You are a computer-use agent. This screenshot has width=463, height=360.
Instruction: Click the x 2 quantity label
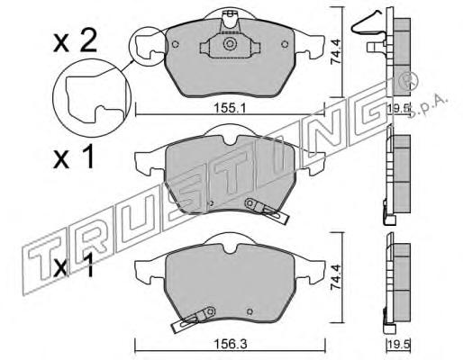coord(75,42)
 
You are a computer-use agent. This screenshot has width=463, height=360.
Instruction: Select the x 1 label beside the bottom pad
coord(74,264)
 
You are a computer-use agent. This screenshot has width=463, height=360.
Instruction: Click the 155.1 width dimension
coord(230,108)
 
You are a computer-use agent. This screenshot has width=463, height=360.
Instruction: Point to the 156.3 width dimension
coord(230,344)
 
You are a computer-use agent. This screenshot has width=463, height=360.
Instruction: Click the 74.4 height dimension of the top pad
coord(335,53)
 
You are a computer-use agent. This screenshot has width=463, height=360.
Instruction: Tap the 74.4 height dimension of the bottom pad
coord(335,277)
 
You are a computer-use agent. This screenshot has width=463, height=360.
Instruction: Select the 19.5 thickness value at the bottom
coord(399,344)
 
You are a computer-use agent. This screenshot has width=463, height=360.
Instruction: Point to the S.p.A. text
coord(429,106)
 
